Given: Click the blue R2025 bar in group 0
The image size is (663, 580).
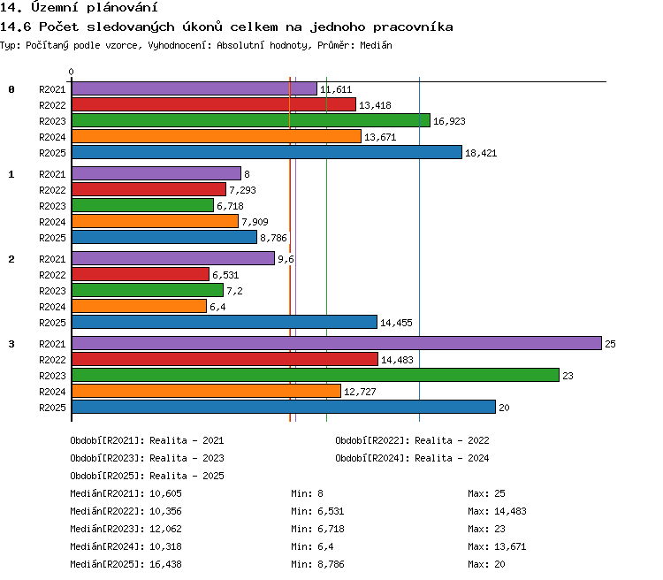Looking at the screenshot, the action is click(x=267, y=152).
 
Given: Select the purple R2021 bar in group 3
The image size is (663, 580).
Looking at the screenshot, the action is click(x=337, y=343).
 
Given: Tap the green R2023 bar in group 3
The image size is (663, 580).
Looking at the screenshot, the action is click(x=316, y=375).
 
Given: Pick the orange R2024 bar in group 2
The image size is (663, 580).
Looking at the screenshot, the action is click(x=139, y=306).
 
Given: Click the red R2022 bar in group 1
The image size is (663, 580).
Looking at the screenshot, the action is click(x=149, y=189).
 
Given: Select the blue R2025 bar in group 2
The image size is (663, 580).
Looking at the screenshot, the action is click(x=225, y=322).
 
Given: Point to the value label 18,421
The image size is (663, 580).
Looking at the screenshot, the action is click(x=481, y=153).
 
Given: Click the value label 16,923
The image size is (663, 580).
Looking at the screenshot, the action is click(x=449, y=121).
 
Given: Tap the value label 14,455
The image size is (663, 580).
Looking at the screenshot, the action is click(x=396, y=323).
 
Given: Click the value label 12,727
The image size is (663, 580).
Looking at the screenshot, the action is click(x=360, y=392).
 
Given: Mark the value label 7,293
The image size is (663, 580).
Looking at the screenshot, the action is click(x=242, y=190).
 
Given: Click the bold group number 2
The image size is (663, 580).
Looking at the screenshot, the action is click(x=11, y=259).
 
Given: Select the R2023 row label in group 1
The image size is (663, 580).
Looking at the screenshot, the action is click(x=52, y=206).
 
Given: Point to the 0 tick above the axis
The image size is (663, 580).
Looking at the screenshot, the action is click(x=71, y=72).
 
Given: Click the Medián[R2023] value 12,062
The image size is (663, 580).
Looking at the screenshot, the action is click(x=165, y=529).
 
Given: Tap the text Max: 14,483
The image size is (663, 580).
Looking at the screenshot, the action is click(x=497, y=511).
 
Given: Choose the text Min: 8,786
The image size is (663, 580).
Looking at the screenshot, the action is click(x=317, y=564).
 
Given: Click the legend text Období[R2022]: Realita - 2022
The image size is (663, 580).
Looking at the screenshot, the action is click(x=412, y=440).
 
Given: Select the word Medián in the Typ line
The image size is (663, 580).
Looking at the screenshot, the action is click(x=376, y=45).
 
